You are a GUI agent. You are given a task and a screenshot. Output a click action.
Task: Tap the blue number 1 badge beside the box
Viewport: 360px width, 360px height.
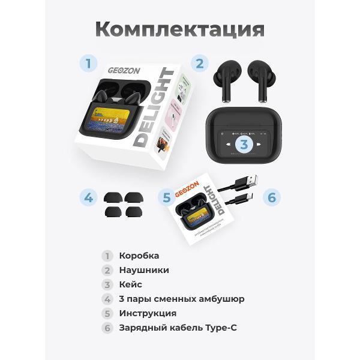coord(89,63)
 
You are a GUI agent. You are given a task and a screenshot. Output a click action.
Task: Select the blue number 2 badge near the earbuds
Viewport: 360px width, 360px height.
coord(200,63)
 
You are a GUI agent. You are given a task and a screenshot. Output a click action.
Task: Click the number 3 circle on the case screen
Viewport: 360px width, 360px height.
coord(244,144)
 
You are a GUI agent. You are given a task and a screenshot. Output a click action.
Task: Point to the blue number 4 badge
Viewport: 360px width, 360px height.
coord(89,197)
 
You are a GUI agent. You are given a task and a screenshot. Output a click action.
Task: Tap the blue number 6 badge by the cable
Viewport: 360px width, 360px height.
coord(271,197)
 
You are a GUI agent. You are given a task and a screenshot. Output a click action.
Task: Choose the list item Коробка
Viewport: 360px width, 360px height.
coord(139,256)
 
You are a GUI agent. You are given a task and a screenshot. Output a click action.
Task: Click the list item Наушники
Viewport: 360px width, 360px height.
coord(144,270)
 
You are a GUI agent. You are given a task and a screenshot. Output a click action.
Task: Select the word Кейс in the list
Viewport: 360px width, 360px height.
coord(131,284)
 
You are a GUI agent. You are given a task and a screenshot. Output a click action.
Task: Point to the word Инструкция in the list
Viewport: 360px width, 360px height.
coord(148,313)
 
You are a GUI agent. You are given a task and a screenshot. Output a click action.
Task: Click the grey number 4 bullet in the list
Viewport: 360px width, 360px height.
coord(107,299)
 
